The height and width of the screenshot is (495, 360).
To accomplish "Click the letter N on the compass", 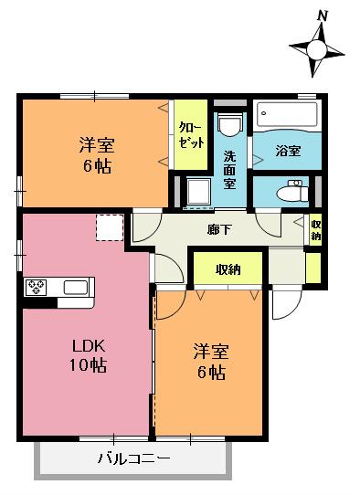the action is click(x=323, y=16).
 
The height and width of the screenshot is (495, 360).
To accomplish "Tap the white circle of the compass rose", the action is click(x=316, y=50).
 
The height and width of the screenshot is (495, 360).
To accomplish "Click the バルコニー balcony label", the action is click(x=134, y=458).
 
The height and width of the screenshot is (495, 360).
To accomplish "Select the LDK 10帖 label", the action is click(x=88, y=356).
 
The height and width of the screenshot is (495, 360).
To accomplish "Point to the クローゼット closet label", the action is click(x=191, y=135).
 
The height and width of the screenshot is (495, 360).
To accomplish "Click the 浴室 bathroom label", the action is click(x=288, y=151).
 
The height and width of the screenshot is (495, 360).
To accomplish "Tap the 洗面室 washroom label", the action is click(x=229, y=169).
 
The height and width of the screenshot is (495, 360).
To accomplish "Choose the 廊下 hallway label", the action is click(x=220, y=229).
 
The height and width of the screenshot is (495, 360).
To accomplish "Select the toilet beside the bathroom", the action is click(x=292, y=191).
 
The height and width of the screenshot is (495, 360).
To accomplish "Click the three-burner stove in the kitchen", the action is click(x=36, y=288).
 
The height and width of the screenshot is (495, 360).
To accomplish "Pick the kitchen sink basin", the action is click(x=76, y=288).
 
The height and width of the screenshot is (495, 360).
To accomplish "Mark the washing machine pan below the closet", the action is click(x=198, y=192).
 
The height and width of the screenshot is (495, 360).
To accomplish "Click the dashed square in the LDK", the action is click(x=110, y=227).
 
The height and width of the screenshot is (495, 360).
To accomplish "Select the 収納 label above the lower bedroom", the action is click(x=228, y=269).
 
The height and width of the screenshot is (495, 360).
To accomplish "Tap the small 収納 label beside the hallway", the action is click(x=316, y=230).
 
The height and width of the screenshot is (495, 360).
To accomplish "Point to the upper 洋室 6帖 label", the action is click(x=97, y=155).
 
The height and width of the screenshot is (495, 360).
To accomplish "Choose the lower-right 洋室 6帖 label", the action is click(x=211, y=361).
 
